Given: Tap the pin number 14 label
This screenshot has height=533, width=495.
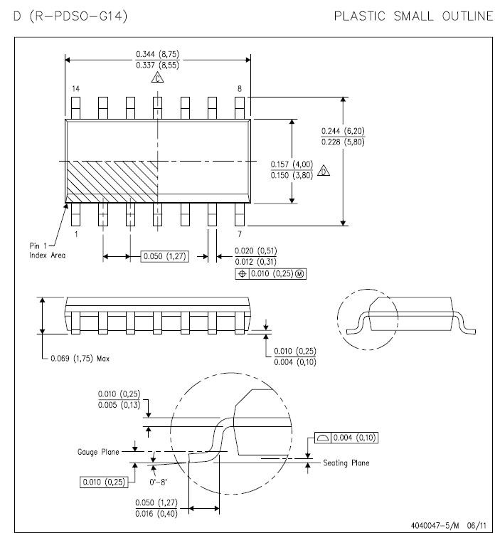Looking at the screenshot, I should pos(75,88).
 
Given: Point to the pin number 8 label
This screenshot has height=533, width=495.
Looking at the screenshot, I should pos(240,88).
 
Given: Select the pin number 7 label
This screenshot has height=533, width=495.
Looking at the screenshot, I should pos(240,233).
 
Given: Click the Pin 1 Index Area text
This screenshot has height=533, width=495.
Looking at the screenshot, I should pos(47,250).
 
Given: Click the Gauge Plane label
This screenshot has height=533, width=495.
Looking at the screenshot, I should pos(97,452).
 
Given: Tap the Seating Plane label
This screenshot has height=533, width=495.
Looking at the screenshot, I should pos(346,463).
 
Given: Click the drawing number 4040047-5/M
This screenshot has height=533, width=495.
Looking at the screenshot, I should pos(435,525).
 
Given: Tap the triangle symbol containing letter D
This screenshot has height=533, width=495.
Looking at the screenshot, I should pos(324,171).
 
